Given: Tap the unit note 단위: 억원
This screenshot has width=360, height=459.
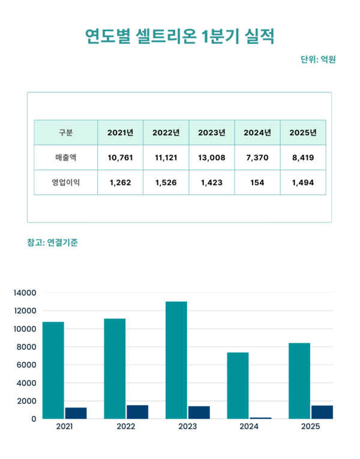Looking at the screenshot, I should point(317,59).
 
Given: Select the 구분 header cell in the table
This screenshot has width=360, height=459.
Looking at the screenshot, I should point(66,133).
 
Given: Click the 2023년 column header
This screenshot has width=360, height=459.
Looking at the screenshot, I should point(212,133).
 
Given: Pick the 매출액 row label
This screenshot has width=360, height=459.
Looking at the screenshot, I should point(66,158).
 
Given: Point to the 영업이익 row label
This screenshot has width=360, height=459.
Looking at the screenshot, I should point(66,182).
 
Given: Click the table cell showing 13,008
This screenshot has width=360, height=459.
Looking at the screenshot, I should point(212,158).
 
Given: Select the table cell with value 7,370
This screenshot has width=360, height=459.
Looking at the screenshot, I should point(257,158).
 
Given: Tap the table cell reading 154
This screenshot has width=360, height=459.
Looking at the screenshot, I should point(257,182).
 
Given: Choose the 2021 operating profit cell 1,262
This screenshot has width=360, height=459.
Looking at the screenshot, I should point(121,182).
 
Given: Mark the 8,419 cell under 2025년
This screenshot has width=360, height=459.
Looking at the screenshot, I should point(303,158).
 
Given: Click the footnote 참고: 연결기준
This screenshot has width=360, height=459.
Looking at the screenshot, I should point(53,242).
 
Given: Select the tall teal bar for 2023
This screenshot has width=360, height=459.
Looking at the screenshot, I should point(176,360).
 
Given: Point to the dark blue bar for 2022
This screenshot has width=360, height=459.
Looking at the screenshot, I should point(137,412).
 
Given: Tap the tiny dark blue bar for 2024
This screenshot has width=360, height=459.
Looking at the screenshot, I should point(260,418).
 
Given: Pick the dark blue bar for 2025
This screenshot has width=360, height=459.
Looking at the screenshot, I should point(322,412).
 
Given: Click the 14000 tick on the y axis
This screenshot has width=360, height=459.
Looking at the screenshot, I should point(26,293).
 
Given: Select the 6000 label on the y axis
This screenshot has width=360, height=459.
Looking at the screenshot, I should point(28,365).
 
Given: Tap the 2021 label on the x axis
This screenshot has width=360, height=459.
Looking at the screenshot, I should point(64,427).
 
